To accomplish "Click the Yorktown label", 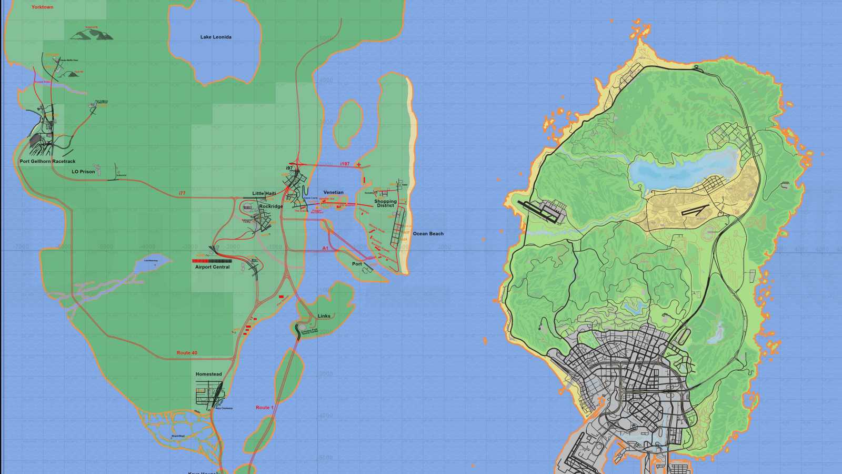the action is (x=42, y=7).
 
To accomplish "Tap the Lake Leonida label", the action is (x=216, y=37).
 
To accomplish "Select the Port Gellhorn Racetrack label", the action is (x=47, y=161).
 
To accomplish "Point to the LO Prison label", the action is (x=83, y=172).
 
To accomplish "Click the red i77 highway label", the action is (x=182, y=193).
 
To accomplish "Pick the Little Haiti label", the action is (x=264, y=193).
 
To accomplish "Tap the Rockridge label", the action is (x=271, y=206).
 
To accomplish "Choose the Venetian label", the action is (x=333, y=192).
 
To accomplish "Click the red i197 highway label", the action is (x=345, y=164).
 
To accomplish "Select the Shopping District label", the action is (x=385, y=203).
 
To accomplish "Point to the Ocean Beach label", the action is (x=428, y=233).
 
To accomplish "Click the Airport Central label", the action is (x=212, y=267).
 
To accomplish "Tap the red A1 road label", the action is (x=325, y=248).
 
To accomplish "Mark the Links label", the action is (x=324, y=316).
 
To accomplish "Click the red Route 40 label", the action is (x=187, y=353).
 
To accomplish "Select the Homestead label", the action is (x=208, y=374).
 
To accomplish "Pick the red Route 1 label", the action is (x=264, y=408).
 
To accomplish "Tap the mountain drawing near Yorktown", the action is (x=92, y=35).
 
